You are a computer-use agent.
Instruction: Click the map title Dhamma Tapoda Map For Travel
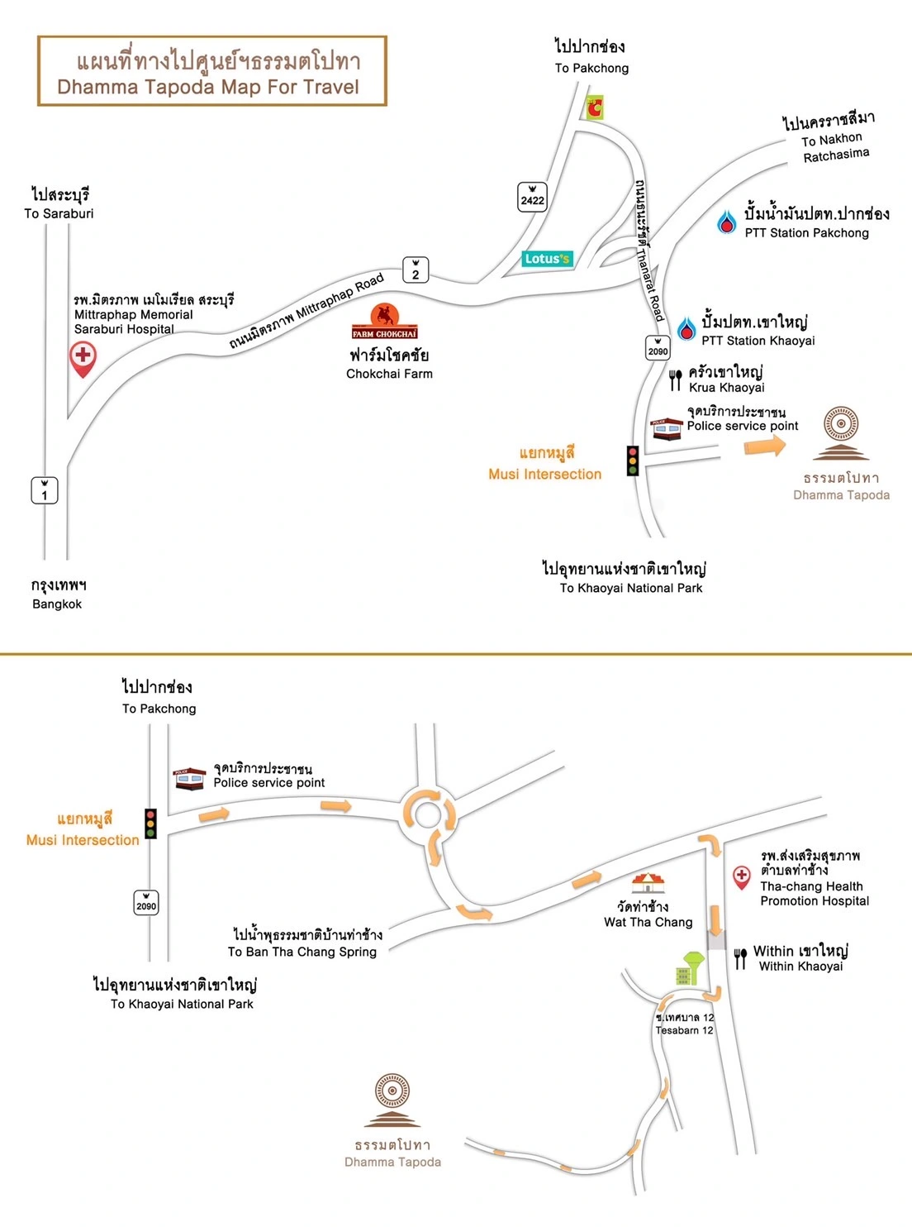[208, 87]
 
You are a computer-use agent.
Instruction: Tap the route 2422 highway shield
[532, 196]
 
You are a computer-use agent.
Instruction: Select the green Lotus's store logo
[547, 259]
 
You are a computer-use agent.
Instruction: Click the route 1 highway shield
[45, 490]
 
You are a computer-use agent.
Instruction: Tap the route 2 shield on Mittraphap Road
[416, 270]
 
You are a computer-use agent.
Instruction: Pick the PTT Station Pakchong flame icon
[727, 222]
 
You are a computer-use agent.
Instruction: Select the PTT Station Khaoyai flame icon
[686, 329]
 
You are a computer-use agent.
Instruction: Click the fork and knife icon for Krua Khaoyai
[676, 380]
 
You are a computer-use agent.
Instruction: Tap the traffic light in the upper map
[633, 461]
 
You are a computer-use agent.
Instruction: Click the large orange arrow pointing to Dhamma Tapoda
[765, 446]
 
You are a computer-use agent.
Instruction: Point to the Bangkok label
[57, 604]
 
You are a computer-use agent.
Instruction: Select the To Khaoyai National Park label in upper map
[630, 588]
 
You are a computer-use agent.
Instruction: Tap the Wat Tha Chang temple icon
[648, 884]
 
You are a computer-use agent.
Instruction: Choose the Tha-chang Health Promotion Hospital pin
[742, 876]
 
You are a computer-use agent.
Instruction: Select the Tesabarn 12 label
[684, 1030]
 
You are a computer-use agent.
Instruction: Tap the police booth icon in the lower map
[189, 778]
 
